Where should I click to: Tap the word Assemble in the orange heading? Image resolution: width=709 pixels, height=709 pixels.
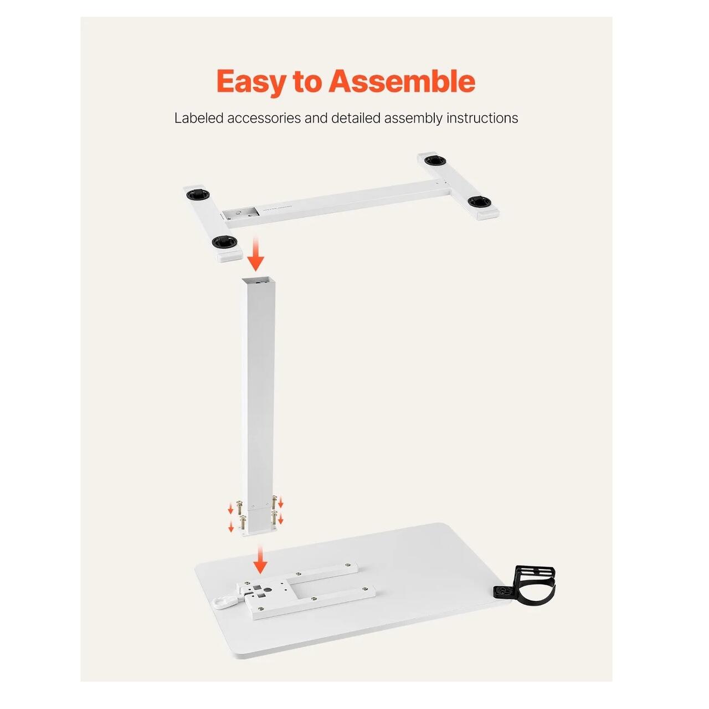click(x=402, y=81)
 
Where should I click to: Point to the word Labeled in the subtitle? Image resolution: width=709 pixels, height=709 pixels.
click(x=199, y=118)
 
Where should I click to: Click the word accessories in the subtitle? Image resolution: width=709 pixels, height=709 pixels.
click(x=264, y=119)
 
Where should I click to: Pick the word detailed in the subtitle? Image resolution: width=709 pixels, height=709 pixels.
click(x=356, y=118)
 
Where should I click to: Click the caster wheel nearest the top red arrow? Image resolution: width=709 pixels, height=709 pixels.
click(x=224, y=242)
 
